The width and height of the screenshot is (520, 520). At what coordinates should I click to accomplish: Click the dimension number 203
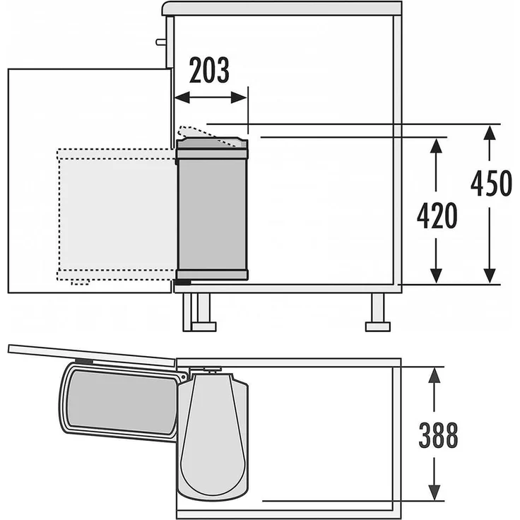tap(210, 71)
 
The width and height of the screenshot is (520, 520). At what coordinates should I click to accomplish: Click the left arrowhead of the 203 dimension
tap(179, 99)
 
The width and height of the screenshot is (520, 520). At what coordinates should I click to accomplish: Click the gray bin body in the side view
tap(212, 212)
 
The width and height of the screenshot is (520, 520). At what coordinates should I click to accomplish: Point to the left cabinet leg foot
tap(201, 326)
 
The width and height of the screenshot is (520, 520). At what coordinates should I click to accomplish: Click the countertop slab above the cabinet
tap(283, 8)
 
